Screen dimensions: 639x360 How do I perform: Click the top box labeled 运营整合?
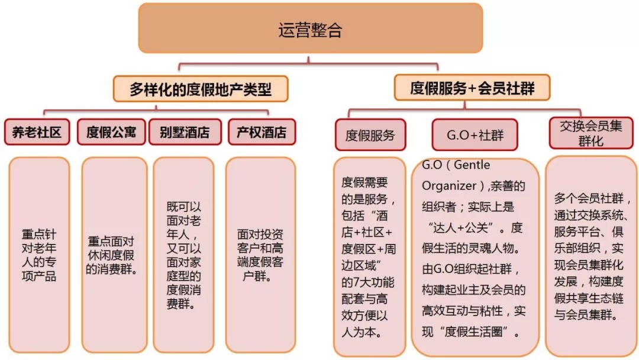[x=311, y=28]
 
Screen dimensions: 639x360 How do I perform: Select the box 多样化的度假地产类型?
[x=201, y=88]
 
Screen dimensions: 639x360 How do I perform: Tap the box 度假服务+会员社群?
[x=472, y=88]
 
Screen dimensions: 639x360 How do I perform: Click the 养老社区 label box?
[x=37, y=132]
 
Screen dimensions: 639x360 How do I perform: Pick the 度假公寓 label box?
[x=111, y=132]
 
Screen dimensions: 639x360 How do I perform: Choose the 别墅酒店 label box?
[x=185, y=132]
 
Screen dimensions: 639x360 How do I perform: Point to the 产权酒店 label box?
[x=262, y=132]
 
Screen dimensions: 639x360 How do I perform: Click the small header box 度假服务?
[x=370, y=135]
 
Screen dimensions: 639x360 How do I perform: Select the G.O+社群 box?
[x=475, y=135]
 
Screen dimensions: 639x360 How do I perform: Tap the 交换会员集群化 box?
[x=591, y=133]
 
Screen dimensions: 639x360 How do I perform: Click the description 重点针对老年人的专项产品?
[x=39, y=255]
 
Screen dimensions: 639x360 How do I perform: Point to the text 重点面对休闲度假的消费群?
[x=111, y=255]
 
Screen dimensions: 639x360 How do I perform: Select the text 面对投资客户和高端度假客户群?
[x=260, y=255]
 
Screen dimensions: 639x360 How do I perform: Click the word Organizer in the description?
[x=449, y=186]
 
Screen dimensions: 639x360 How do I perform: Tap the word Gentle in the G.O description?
[x=472, y=165]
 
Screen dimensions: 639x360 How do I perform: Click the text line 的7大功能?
[x=368, y=282]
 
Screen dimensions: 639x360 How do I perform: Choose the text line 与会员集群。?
[x=586, y=315]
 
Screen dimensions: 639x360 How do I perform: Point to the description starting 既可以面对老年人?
[x=184, y=255]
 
